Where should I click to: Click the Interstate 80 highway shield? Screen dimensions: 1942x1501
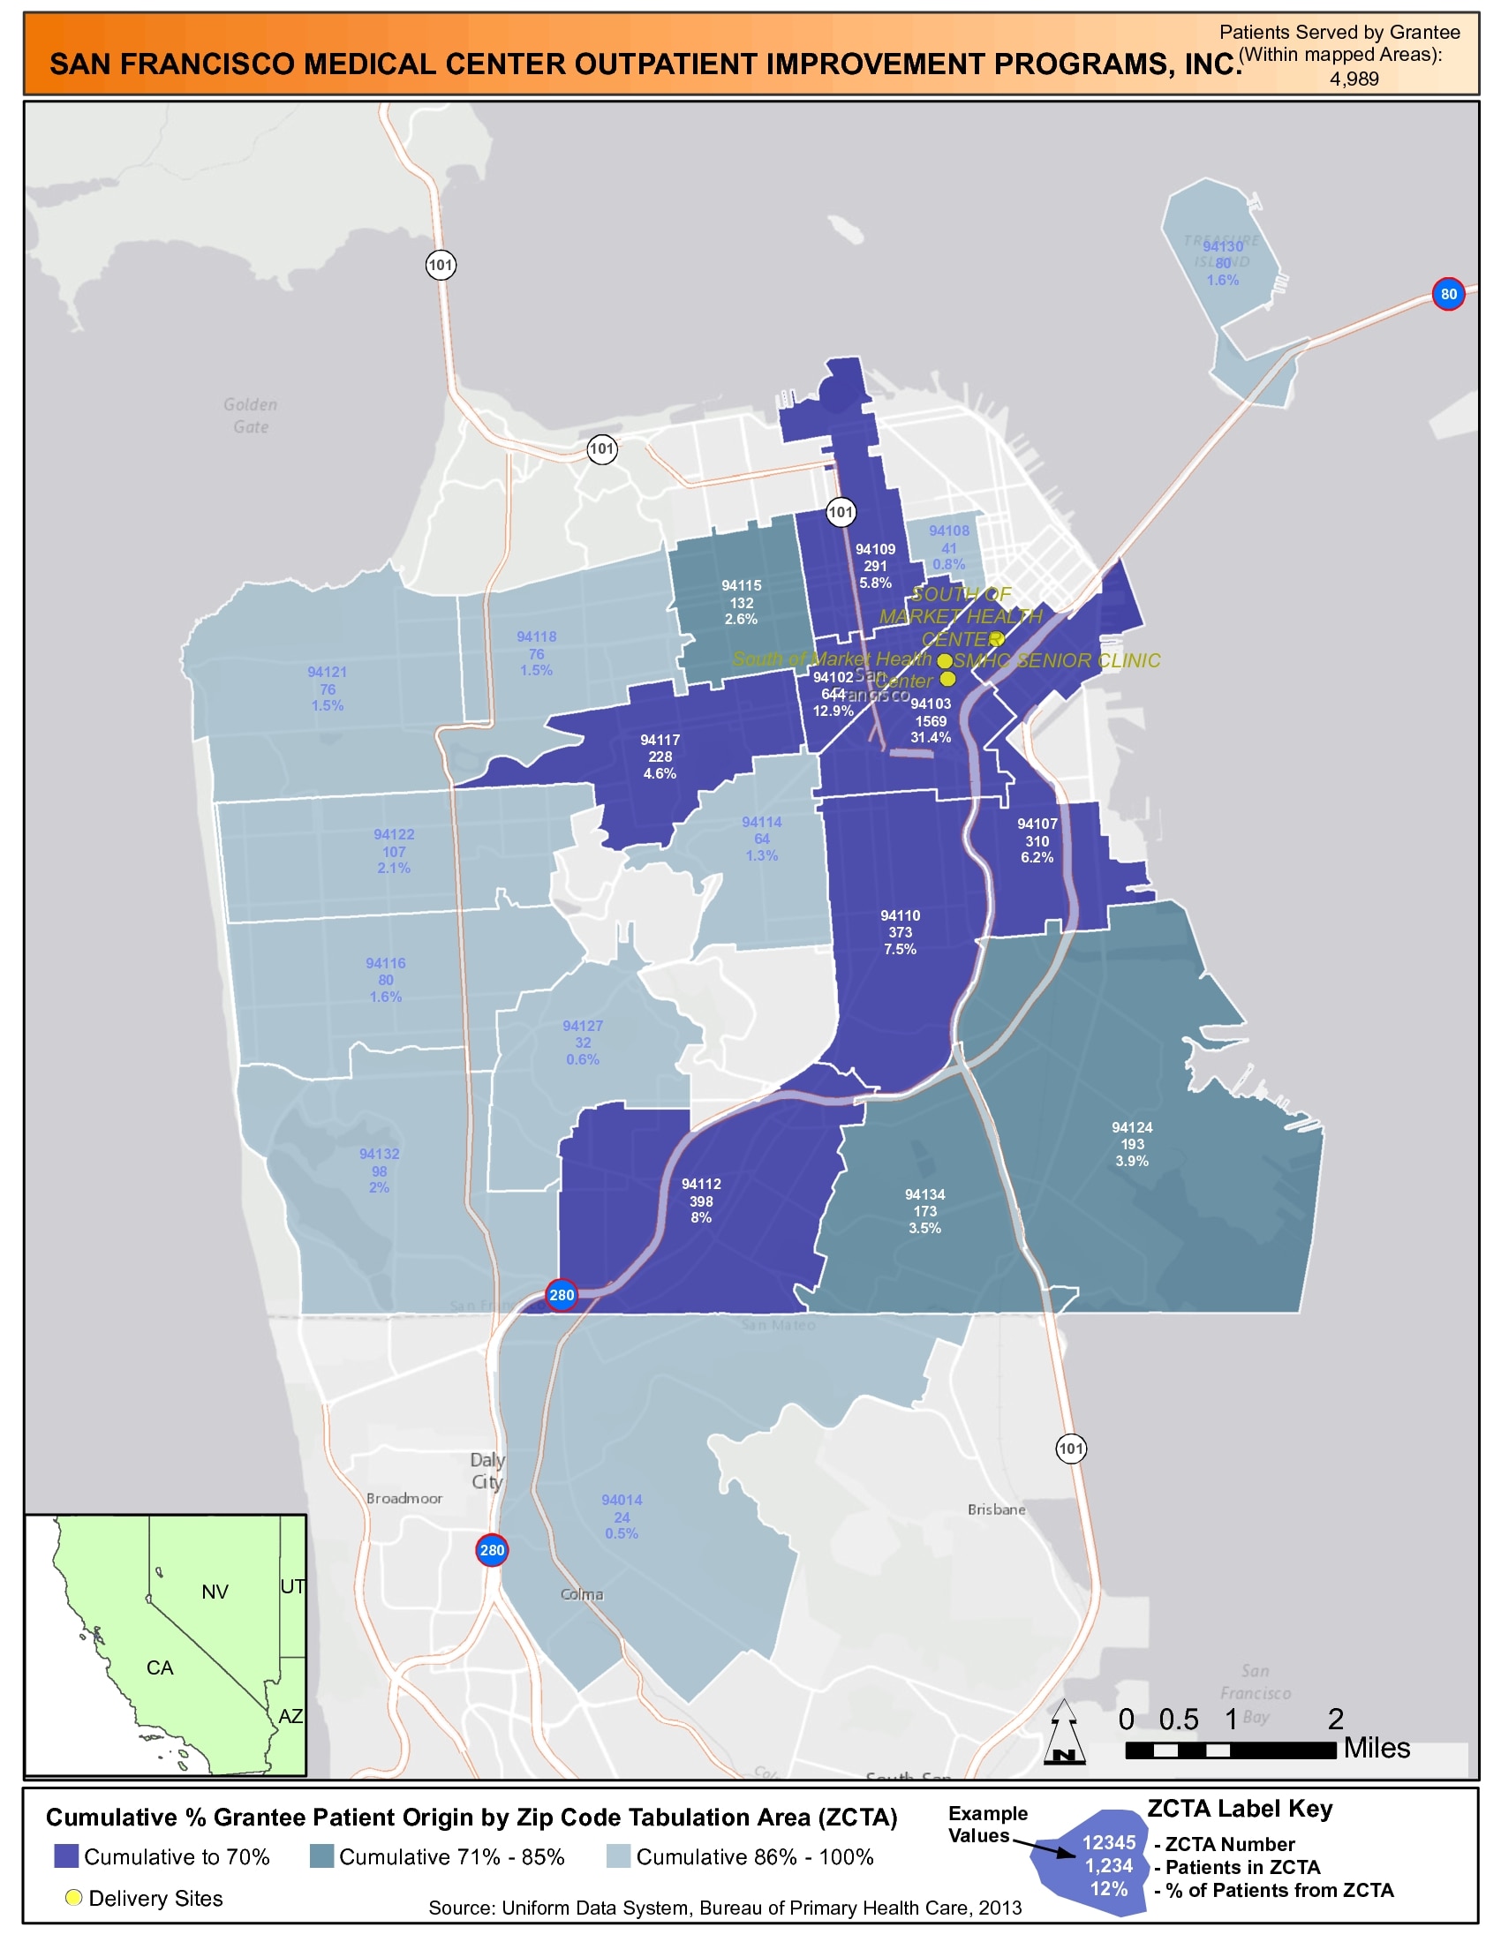1449,294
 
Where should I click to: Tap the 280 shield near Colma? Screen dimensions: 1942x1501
492,1550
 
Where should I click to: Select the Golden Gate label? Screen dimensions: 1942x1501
251,415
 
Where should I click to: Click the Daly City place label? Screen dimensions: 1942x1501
487,1471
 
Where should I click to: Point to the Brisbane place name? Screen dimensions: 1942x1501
996,1509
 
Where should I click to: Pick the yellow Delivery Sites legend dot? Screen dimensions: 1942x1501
74,1898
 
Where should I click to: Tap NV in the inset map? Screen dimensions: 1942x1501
215,1592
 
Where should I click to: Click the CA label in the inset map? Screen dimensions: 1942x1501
160,1667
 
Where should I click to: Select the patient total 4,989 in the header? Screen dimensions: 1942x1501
1354,79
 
